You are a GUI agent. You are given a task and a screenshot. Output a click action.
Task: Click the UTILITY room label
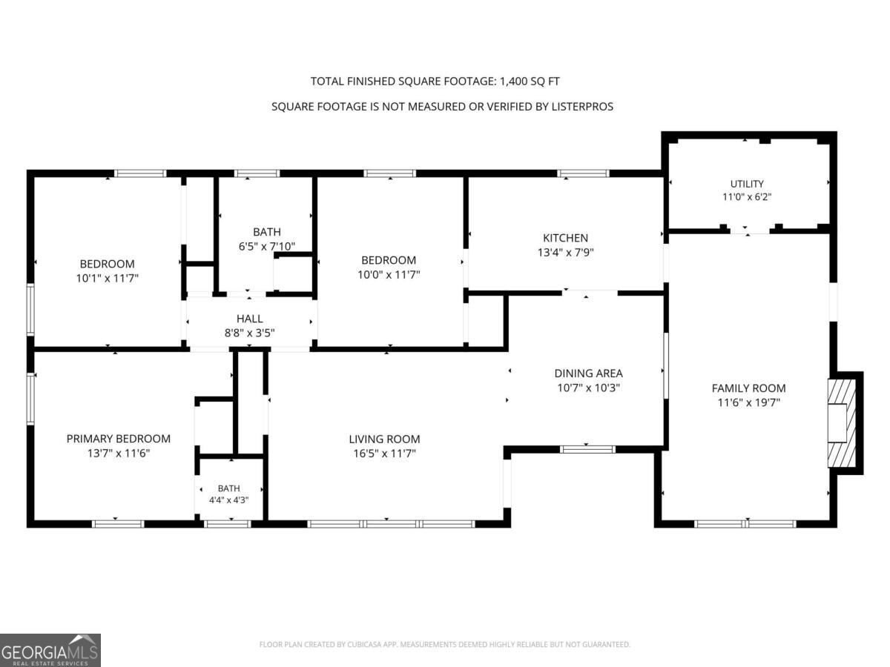pos(746,184)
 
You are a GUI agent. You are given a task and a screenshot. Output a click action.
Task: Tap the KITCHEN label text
pos(565,238)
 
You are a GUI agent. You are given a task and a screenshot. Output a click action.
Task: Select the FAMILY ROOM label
pos(748,388)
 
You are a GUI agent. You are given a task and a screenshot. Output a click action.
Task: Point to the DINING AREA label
pos(588,373)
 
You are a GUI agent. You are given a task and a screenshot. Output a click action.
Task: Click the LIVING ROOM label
pos(384,439)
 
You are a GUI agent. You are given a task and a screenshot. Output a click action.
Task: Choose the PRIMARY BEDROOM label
pos(119,439)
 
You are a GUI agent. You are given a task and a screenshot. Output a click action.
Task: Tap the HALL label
pos(249,319)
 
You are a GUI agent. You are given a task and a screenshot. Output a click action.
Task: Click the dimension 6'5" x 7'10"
pos(267,246)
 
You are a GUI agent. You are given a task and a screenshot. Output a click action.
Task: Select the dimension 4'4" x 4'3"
pos(228,500)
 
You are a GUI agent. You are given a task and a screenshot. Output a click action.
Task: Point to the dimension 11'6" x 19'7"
pos(748,402)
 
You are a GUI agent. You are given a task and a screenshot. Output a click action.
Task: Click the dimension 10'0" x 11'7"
pos(389,274)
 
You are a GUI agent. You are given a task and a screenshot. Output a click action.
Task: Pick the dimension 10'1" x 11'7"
pos(108,278)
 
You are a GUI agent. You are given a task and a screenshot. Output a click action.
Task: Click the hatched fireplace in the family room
pos(842,422)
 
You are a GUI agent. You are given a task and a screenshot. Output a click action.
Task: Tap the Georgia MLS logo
pos(50,650)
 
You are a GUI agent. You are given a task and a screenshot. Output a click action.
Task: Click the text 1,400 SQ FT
pos(530,82)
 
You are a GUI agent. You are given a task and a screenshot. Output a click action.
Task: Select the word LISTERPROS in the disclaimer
pos(582,107)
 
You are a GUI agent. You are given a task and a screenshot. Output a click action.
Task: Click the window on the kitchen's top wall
pos(583,173)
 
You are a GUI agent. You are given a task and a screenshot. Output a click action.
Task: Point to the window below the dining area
pos(587,449)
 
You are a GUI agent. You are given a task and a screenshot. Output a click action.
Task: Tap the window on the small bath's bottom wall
pos(228,524)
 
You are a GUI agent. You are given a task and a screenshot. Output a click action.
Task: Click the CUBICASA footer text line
pos(445,644)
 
